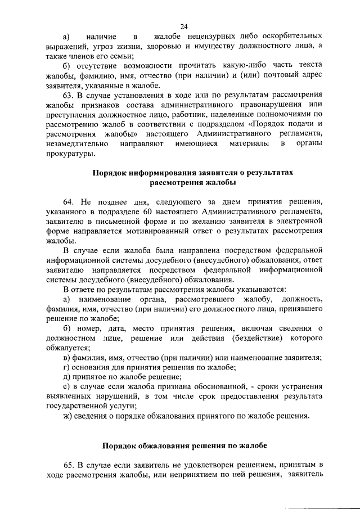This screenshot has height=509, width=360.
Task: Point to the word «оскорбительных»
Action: pos(290,36)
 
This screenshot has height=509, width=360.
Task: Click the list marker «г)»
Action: pos(67,367)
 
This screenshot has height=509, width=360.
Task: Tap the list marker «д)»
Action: pos(67,376)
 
